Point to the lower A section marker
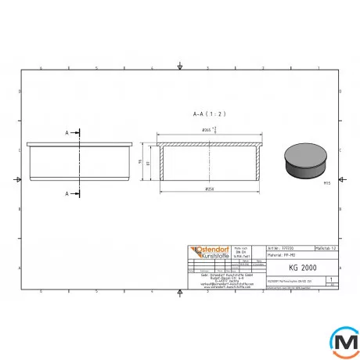[x=69, y=193]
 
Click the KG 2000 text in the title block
[x=292, y=267]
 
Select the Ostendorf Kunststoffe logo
[x=207, y=253]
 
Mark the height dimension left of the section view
[x=144, y=163]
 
